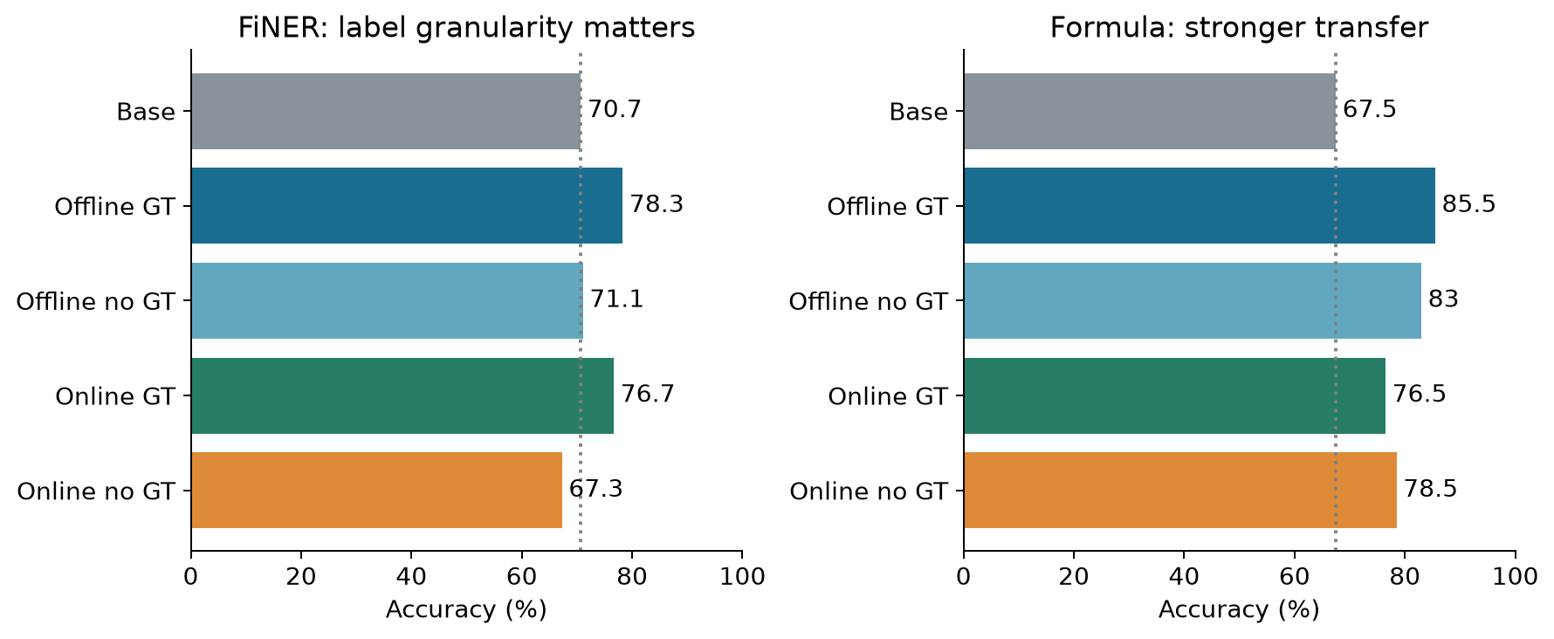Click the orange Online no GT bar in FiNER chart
pos(376,490)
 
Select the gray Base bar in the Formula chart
pos(1150,111)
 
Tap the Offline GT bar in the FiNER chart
pos(407,206)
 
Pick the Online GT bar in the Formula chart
pos(1174,395)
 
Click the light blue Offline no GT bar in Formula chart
pos(1193,300)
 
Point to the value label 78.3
pos(657,204)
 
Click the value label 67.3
pos(596,489)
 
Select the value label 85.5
pos(1468,204)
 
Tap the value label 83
pos(1443,299)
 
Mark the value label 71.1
pos(616,299)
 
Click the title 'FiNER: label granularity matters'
pos(466,28)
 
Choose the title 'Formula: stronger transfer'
pos(1239,28)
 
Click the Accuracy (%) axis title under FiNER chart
pos(466,609)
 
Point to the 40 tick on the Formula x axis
pos(1184,576)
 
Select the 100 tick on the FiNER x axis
pos(742,576)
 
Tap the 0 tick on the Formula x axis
pos(964,576)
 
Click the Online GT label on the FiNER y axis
pos(115,396)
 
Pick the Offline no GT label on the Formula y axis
pos(868,301)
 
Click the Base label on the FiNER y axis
pos(146,112)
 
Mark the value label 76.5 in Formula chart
pos(1419,394)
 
